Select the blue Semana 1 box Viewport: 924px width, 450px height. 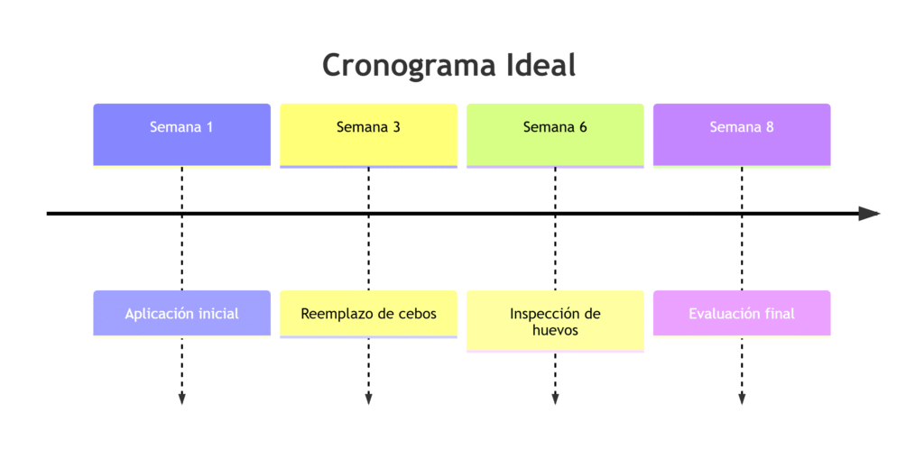(181, 134)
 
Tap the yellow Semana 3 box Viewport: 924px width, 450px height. (368, 134)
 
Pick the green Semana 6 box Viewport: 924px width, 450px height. (555, 134)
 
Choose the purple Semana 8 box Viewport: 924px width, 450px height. (742, 134)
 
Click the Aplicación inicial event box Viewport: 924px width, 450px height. (181, 313)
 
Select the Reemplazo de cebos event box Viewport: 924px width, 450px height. (368, 313)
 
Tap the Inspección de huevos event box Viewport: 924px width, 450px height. (555, 321)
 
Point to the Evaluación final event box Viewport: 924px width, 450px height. (742, 313)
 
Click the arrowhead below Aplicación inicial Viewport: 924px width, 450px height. (181, 399)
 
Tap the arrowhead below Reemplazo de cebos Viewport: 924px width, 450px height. (368, 399)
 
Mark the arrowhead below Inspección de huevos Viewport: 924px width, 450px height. (555, 399)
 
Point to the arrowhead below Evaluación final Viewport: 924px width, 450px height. (742, 399)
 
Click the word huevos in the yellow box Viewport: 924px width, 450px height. (555, 331)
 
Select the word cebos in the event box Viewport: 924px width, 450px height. (418, 314)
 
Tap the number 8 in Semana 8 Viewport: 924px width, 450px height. (769, 127)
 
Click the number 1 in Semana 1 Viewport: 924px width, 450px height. (209, 127)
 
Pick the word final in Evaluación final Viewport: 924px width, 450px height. (779, 314)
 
